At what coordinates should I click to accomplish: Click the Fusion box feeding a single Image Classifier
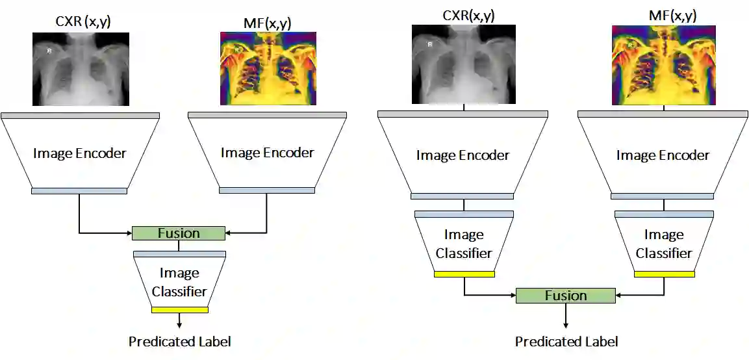click(179, 233)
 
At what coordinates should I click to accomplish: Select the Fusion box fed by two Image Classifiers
click(565, 296)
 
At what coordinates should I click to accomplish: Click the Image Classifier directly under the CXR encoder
click(464, 243)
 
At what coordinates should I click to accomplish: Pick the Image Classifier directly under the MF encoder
click(664, 243)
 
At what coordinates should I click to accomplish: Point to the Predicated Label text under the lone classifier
click(179, 341)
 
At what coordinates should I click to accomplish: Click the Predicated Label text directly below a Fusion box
click(566, 341)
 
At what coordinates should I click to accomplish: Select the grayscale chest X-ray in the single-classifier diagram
click(81, 69)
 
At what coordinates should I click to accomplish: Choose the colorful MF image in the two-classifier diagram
click(663, 65)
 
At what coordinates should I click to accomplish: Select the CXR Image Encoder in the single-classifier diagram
click(79, 153)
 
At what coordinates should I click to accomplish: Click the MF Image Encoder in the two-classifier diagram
click(663, 155)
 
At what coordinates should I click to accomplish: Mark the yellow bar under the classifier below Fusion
click(179, 310)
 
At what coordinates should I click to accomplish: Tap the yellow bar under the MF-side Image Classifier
click(664, 274)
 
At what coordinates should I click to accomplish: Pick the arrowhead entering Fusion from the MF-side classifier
click(618, 296)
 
